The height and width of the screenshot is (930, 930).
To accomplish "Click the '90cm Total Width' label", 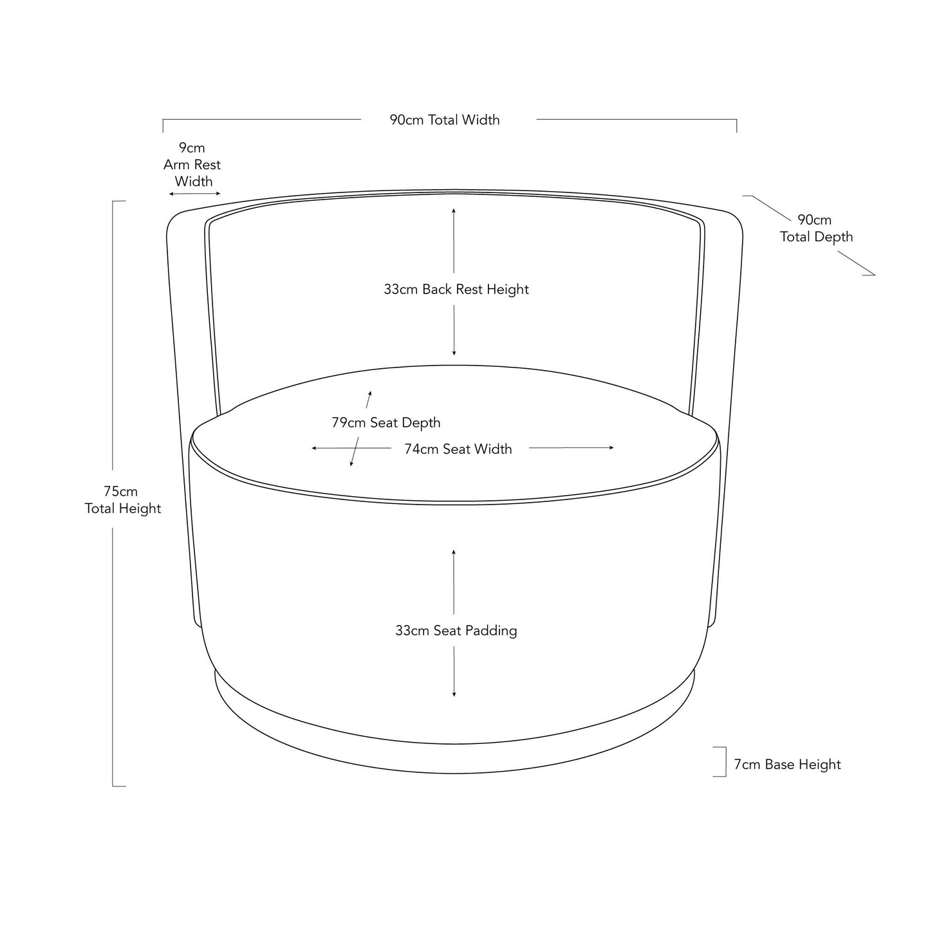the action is pos(445,120).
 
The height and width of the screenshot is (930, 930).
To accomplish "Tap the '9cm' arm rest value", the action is pos(192,147).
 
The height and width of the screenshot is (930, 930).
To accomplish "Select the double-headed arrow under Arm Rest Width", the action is pos(194,194).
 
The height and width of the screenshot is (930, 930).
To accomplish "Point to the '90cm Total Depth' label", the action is pos(816,228).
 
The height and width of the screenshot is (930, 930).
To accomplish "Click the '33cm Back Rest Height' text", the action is pos(456,289).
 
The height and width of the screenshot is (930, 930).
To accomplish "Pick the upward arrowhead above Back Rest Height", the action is pos(454,210).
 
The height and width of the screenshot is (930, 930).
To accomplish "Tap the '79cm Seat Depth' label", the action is pos(386,422).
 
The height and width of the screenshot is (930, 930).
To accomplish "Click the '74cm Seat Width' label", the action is pos(458,449).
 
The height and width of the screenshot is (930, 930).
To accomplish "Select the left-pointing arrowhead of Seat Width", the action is pos(314,449).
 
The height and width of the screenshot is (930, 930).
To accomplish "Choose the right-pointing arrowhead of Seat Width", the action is pos(611,448).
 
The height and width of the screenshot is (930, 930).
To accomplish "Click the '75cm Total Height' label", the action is pos(122,499).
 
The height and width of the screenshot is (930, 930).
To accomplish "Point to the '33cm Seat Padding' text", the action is pos(456,630).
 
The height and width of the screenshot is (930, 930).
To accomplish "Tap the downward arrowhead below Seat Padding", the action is pos(454,694).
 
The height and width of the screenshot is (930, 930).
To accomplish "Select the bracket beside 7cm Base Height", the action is pos(725,761).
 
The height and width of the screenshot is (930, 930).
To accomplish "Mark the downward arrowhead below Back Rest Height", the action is pos(454,353).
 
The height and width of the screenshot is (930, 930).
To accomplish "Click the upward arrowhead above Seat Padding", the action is pos(454,553).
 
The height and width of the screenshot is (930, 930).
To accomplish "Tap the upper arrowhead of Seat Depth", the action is pos(370,394).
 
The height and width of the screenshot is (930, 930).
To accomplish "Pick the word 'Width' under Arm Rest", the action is pos(194,181).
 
